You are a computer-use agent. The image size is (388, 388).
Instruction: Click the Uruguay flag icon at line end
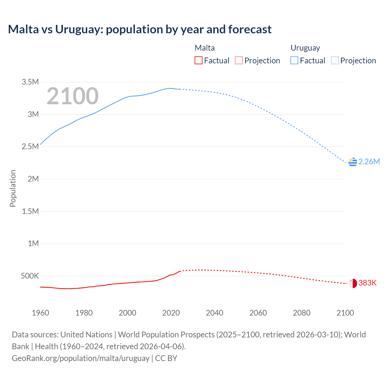(x=353, y=162)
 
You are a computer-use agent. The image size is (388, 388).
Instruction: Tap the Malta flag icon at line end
(x=353, y=283)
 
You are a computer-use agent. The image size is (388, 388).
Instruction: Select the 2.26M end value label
(x=369, y=162)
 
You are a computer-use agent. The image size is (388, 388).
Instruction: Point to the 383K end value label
(x=367, y=283)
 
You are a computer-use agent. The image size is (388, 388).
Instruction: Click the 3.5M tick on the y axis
(x=30, y=82)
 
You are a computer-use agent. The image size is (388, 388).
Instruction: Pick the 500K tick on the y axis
(x=30, y=276)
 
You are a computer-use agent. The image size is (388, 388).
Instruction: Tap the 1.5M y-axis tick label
(x=30, y=211)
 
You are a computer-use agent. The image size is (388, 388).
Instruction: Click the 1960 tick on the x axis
(x=40, y=313)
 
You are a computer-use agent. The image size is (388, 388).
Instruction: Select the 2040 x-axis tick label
(x=215, y=313)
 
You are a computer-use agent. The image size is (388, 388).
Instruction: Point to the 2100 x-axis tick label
(x=345, y=313)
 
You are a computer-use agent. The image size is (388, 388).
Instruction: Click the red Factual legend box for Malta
(x=199, y=61)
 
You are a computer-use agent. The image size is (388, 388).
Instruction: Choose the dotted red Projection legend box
(x=239, y=61)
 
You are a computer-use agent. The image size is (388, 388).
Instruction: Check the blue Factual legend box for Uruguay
(x=294, y=61)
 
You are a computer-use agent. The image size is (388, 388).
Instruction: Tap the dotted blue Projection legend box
(x=335, y=61)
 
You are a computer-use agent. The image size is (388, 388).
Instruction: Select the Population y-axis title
(x=13, y=188)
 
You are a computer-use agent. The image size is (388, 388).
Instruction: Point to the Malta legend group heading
(x=205, y=48)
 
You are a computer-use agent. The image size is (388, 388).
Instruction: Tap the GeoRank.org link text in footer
(x=81, y=358)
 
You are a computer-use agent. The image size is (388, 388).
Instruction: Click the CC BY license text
(x=166, y=358)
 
